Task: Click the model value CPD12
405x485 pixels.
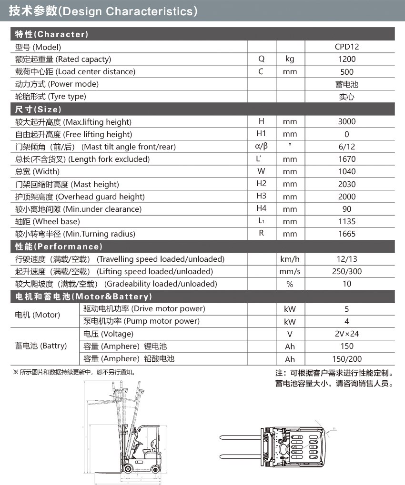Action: coord(347,47)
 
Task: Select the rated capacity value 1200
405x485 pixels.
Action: coord(347,59)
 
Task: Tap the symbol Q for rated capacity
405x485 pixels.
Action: coord(261,59)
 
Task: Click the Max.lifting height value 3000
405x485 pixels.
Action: coord(347,121)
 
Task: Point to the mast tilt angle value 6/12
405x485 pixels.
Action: coord(347,147)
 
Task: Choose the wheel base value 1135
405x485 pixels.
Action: coord(347,221)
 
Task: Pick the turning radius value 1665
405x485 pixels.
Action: coord(347,234)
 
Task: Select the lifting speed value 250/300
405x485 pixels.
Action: coord(347,271)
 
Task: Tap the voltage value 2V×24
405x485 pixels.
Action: coord(347,334)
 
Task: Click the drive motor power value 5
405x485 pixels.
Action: coord(347,309)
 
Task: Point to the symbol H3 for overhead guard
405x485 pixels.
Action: coord(261,196)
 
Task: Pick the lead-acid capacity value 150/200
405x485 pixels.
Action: coord(347,359)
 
